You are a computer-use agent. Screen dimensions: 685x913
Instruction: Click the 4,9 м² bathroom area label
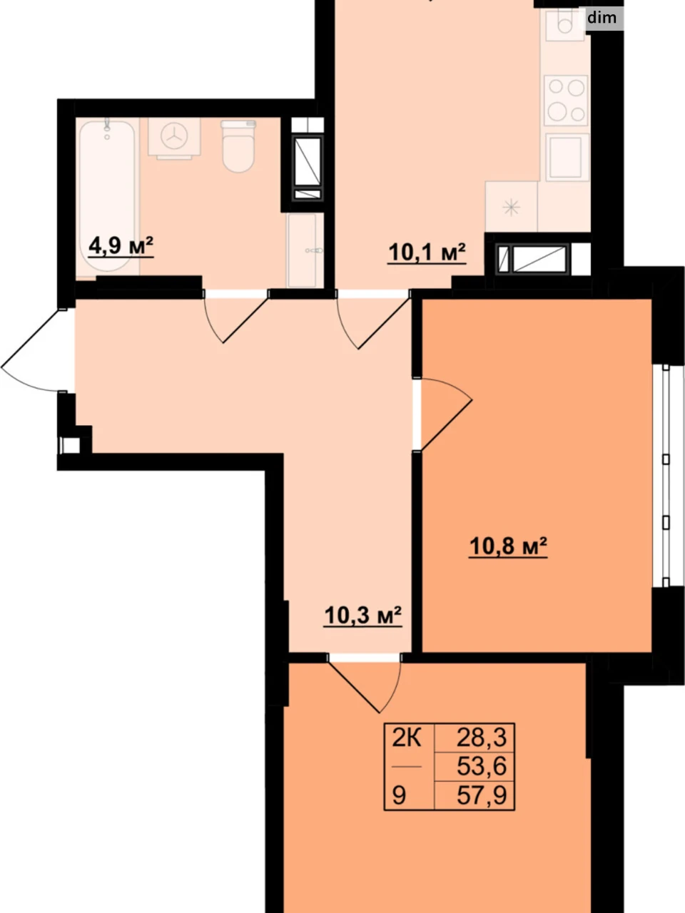pos(121,245)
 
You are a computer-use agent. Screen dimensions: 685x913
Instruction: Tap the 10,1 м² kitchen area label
pos(427,252)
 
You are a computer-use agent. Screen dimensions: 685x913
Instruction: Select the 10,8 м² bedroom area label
pos(508,546)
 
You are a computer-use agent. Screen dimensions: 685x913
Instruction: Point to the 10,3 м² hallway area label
pos(362,615)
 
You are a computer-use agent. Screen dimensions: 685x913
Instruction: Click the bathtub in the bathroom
pos(107,195)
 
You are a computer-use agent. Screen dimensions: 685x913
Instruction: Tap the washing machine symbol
pos(174,138)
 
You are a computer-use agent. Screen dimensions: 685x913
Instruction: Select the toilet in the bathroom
pos(238,146)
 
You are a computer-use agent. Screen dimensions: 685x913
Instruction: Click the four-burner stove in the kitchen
pos(566,101)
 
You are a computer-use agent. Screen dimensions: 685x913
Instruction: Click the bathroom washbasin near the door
pos(305,250)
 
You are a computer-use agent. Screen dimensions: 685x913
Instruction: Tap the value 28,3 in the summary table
pos(482,749)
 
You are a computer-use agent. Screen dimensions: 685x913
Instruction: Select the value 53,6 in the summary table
pos(482,777)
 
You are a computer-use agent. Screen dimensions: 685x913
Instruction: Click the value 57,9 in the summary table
pos(482,807)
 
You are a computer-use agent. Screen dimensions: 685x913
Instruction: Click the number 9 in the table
pos(398,807)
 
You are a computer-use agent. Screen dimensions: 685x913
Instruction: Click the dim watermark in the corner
pos(602,18)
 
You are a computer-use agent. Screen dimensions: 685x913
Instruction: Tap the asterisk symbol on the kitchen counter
pos(511,207)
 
